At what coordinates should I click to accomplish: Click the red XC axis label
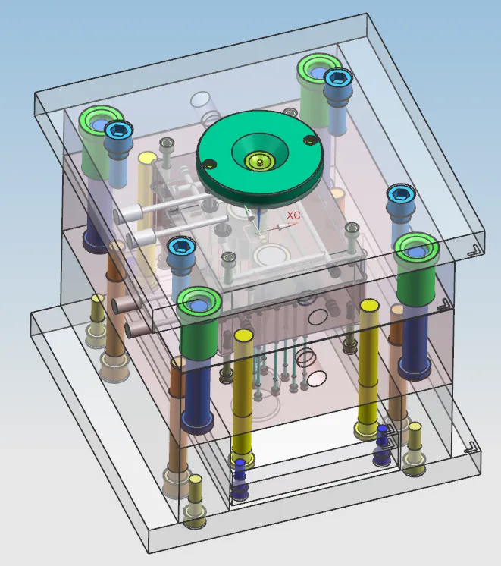pos(293,215)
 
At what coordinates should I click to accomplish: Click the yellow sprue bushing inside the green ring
pos(260,161)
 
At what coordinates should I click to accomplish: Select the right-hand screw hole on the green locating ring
pos(309,140)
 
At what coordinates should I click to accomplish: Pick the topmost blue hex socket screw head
pos(337,77)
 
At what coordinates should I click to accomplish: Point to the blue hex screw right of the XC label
pos(400,194)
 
